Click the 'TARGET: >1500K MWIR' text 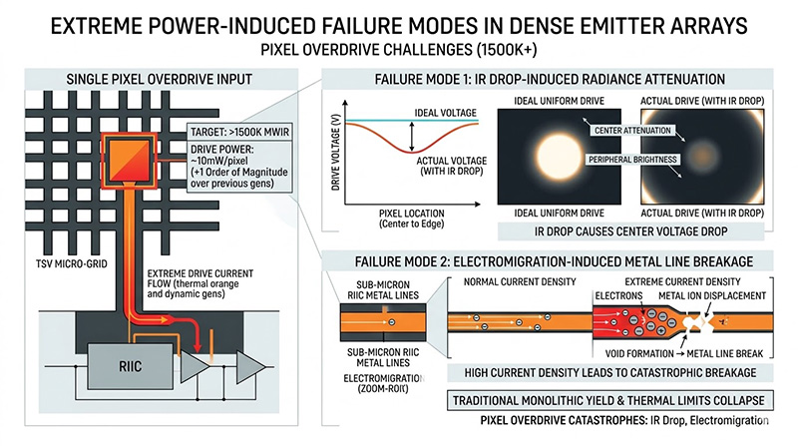(x=237, y=133)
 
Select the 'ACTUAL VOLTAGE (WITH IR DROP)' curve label (x=447, y=164)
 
